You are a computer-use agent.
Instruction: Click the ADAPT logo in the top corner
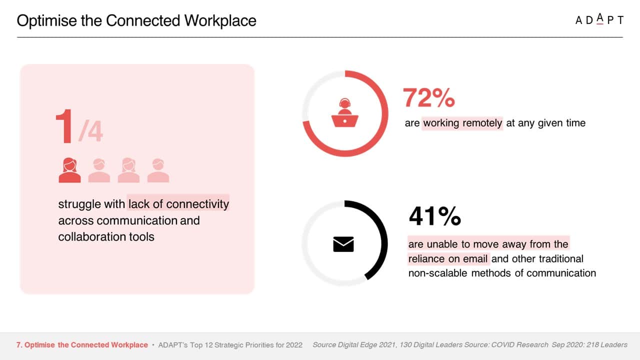pyautogui.click(x=599, y=19)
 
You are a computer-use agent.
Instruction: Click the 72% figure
pyautogui.click(x=428, y=97)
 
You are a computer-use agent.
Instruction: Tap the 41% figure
pyautogui.click(x=434, y=216)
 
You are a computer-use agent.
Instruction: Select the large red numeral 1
pyautogui.click(x=64, y=126)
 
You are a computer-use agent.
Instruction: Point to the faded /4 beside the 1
pyautogui.click(x=90, y=131)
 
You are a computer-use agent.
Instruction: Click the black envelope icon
pyautogui.click(x=343, y=244)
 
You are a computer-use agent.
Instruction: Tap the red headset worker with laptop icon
pyautogui.click(x=345, y=112)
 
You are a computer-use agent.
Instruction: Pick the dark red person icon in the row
pyautogui.click(x=69, y=170)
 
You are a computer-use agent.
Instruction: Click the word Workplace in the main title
pyautogui.click(x=220, y=20)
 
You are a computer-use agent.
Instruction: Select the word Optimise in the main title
pyautogui.click(x=47, y=21)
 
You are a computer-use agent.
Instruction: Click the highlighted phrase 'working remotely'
pyautogui.click(x=462, y=123)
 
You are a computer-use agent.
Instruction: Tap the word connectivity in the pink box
pyautogui.click(x=197, y=204)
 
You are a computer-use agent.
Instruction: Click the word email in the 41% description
pyautogui.click(x=475, y=259)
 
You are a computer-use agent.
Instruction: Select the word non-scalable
pyautogui.click(x=438, y=273)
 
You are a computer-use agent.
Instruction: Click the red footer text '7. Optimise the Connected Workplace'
pyautogui.click(x=82, y=345)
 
